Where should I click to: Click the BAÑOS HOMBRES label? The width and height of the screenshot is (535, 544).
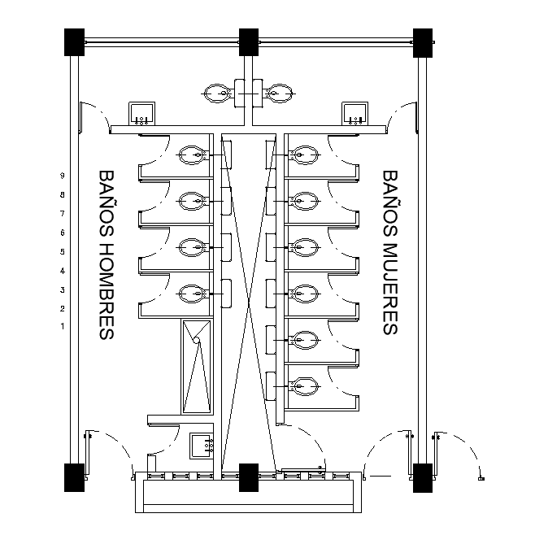point(107,255)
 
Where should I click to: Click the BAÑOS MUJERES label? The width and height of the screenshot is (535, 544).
point(389,252)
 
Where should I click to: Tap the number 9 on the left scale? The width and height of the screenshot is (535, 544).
point(62,176)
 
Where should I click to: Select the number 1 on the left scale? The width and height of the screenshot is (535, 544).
point(62,326)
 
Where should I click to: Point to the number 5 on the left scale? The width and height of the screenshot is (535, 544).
point(62,251)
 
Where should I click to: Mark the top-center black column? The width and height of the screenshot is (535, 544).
point(249,41)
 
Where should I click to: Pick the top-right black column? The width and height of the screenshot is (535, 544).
point(423,41)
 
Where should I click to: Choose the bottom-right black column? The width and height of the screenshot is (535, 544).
point(423,476)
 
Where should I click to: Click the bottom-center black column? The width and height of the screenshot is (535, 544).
point(249,476)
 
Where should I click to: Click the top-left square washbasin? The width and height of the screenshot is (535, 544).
point(143,113)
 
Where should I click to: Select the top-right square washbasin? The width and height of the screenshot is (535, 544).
point(355,113)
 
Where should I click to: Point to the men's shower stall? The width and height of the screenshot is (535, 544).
point(197,367)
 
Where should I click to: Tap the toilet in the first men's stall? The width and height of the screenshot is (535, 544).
point(193,153)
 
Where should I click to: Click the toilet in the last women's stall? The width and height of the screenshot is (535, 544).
point(304,385)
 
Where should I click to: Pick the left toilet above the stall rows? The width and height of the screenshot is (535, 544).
point(219,94)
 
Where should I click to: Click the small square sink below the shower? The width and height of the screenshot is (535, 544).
point(201,445)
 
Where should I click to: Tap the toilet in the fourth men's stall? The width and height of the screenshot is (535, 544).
point(193,293)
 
